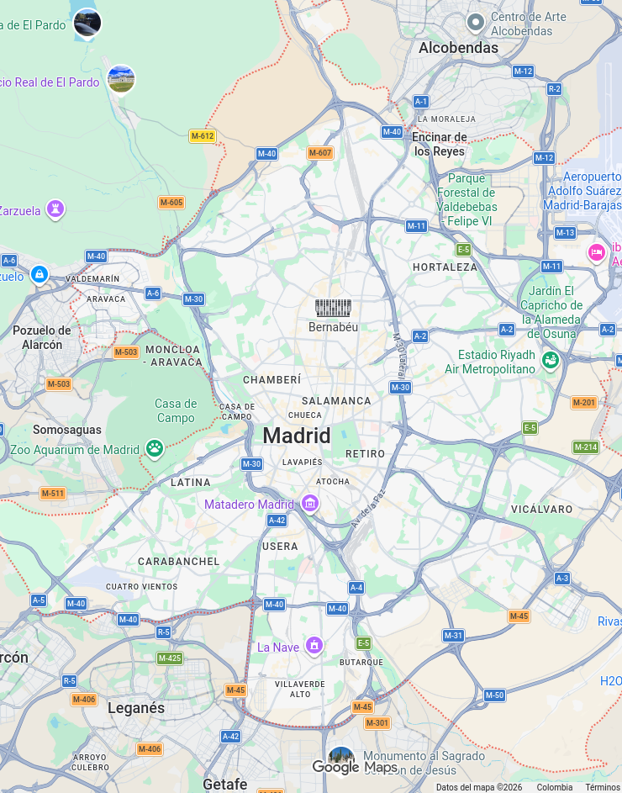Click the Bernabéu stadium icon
click(333, 308)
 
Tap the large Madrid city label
click(297, 436)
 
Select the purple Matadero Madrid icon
click(310, 504)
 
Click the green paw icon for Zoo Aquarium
click(154, 449)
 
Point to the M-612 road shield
click(202, 136)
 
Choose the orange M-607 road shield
click(319, 153)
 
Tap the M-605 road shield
click(171, 203)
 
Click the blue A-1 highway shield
click(421, 102)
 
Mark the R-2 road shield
click(554, 89)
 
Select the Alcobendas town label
click(458, 48)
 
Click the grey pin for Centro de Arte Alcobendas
click(475, 22)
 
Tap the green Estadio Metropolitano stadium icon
click(551, 361)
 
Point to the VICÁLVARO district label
click(541, 510)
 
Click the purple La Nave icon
click(314, 646)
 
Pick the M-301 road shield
click(377, 723)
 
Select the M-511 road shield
click(52, 494)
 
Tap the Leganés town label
click(136, 708)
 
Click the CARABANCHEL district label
click(178, 561)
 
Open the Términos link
click(603, 788)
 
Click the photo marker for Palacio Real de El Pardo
click(121, 79)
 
